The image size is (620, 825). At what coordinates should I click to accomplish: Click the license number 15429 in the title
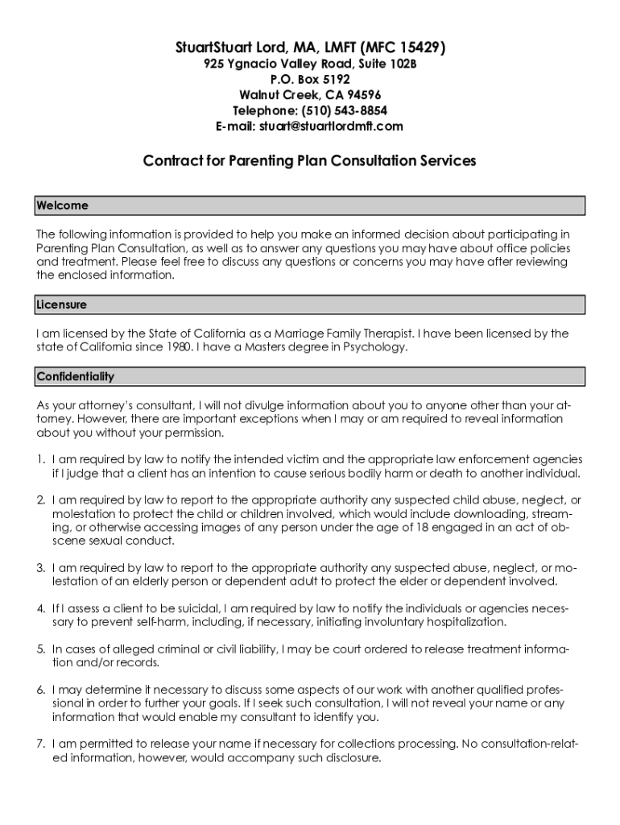coord(415,48)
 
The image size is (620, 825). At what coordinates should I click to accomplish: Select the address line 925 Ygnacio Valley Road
coord(309,64)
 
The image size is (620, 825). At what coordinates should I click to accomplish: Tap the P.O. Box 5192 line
coord(310,79)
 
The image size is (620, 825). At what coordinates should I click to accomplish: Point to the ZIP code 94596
coord(363,95)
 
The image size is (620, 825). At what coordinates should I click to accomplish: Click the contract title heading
coord(309,160)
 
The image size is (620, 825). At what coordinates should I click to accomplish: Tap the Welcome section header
coord(63,205)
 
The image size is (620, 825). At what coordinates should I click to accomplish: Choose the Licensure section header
coord(62,305)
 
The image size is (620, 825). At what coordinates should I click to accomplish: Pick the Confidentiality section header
coord(76,376)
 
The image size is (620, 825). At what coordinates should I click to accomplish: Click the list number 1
coord(40,458)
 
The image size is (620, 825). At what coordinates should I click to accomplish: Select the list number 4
coord(40,608)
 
